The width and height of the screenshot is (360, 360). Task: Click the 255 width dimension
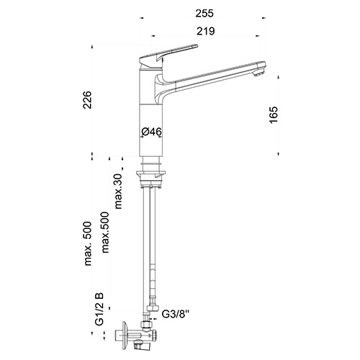pyautogui.click(x=204, y=14)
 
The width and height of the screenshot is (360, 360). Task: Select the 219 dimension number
pyautogui.click(x=206, y=31)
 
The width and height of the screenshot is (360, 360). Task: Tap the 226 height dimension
pyautogui.click(x=87, y=100)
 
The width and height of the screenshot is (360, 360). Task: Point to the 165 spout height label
pyautogui.click(x=274, y=114)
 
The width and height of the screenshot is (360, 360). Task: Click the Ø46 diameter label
pyautogui.click(x=151, y=132)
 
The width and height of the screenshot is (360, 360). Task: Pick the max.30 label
pyautogui.click(x=118, y=191)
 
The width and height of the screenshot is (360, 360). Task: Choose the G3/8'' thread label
pyautogui.click(x=176, y=314)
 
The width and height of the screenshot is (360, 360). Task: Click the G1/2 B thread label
pyautogui.click(x=99, y=309)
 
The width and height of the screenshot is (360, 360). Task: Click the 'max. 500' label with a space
pyautogui.click(x=88, y=243)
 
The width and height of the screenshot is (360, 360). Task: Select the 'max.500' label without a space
pyautogui.click(x=105, y=233)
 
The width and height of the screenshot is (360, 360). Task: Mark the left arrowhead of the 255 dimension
pyautogui.click(x=142, y=18)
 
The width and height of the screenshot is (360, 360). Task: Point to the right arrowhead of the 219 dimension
pyautogui.click(x=257, y=36)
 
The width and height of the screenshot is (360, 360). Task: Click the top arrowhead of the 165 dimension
pyautogui.click(x=279, y=77)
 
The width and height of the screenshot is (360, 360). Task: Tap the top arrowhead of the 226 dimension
pyautogui.click(x=91, y=46)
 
